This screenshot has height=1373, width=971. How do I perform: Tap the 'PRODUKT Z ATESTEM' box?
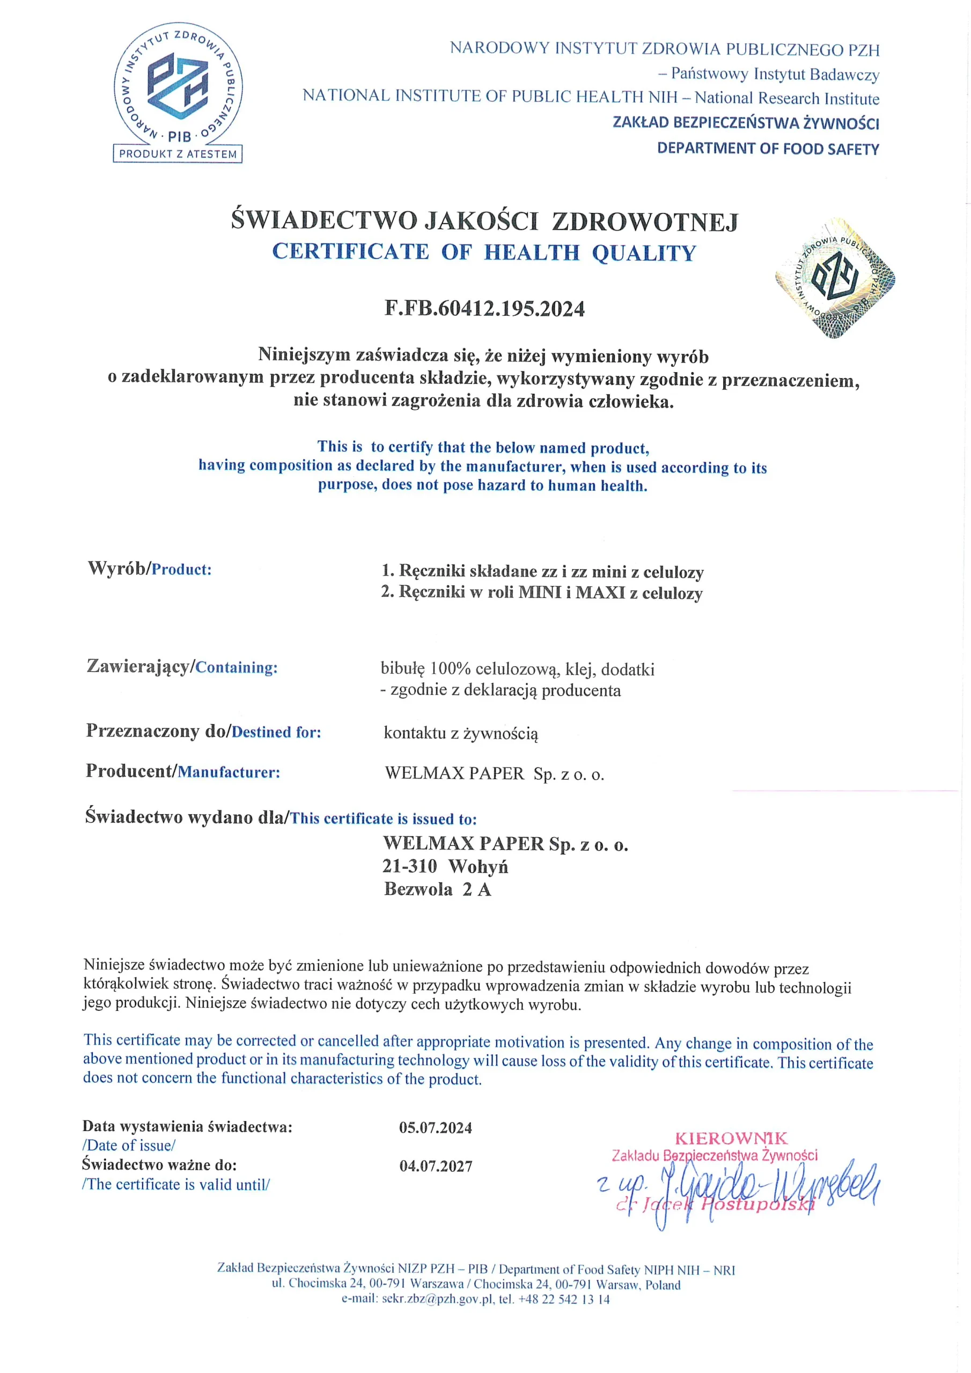pos(178,154)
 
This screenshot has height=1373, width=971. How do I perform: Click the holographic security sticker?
pos(835,278)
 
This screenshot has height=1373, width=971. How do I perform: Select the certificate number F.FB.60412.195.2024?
pos(484,308)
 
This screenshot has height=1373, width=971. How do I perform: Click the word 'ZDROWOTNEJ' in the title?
pos(644,222)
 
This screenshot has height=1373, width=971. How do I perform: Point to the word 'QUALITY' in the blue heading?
pos(644,253)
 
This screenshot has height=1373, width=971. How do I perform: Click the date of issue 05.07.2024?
pos(436,1128)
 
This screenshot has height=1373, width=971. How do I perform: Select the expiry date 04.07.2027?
pos(436,1166)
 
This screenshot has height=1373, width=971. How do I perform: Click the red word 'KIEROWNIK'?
pos(731,1138)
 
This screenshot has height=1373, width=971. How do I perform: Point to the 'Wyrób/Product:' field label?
pos(150,568)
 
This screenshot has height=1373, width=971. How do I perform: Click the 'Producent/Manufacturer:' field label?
pos(183,771)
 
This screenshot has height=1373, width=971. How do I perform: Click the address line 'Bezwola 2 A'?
pos(437,889)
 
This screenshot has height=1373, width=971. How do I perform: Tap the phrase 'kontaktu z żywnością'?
pos(461,733)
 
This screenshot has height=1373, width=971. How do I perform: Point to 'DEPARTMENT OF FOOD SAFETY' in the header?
pos(768,149)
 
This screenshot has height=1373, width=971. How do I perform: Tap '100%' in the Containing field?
pos(451,669)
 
